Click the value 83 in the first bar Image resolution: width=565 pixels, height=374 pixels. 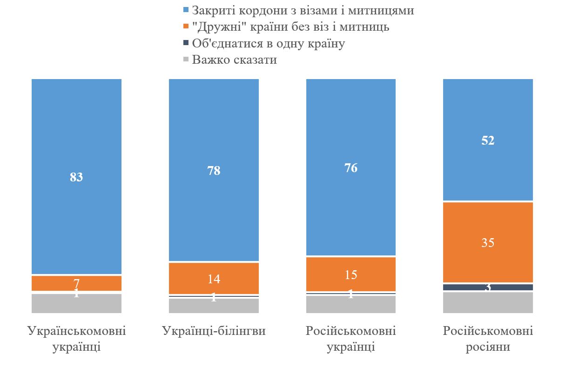pyautogui.click(x=76, y=177)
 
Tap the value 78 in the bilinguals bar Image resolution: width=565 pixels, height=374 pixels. pyautogui.click(x=214, y=171)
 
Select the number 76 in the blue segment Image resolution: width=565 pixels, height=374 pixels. pyautogui.click(x=351, y=168)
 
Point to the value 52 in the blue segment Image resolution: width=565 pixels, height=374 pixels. pyautogui.click(x=488, y=140)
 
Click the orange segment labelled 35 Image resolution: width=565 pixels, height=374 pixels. pyautogui.click(x=488, y=242)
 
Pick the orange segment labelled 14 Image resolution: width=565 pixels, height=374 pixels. pyautogui.click(x=214, y=279)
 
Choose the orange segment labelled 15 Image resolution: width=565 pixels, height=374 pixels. pyautogui.click(x=351, y=274)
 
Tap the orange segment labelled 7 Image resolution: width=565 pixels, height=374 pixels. pyautogui.click(x=76, y=283)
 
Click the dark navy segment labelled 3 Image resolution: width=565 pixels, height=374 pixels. pyautogui.click(x=488, y=287)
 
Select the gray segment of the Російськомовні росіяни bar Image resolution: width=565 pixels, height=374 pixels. pyautogui.click(x=488, y=302)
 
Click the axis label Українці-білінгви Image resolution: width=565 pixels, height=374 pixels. pyautogui.click(x=214, y=331)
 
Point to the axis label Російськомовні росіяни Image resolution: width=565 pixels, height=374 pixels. pyautogui.click(x=488, y=339)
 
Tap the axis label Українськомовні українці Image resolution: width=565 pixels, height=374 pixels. pyautogui.click(x=76, y=339)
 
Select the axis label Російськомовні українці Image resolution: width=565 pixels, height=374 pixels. pyautogui.click(x=351, y=339)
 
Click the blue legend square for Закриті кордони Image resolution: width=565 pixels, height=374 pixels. pyautogui.click(x=187, y=10)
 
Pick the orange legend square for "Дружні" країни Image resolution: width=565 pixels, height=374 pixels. pyautogui.click(x=187, y=27)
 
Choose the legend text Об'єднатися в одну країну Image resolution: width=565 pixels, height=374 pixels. pyautogui.click(x=269, y=43)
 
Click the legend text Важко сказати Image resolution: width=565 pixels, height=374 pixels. pyautogui.click(x=235, y=60)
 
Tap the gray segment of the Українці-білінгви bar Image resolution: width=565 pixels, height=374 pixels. pyautogui.click(x=214, y=306)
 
